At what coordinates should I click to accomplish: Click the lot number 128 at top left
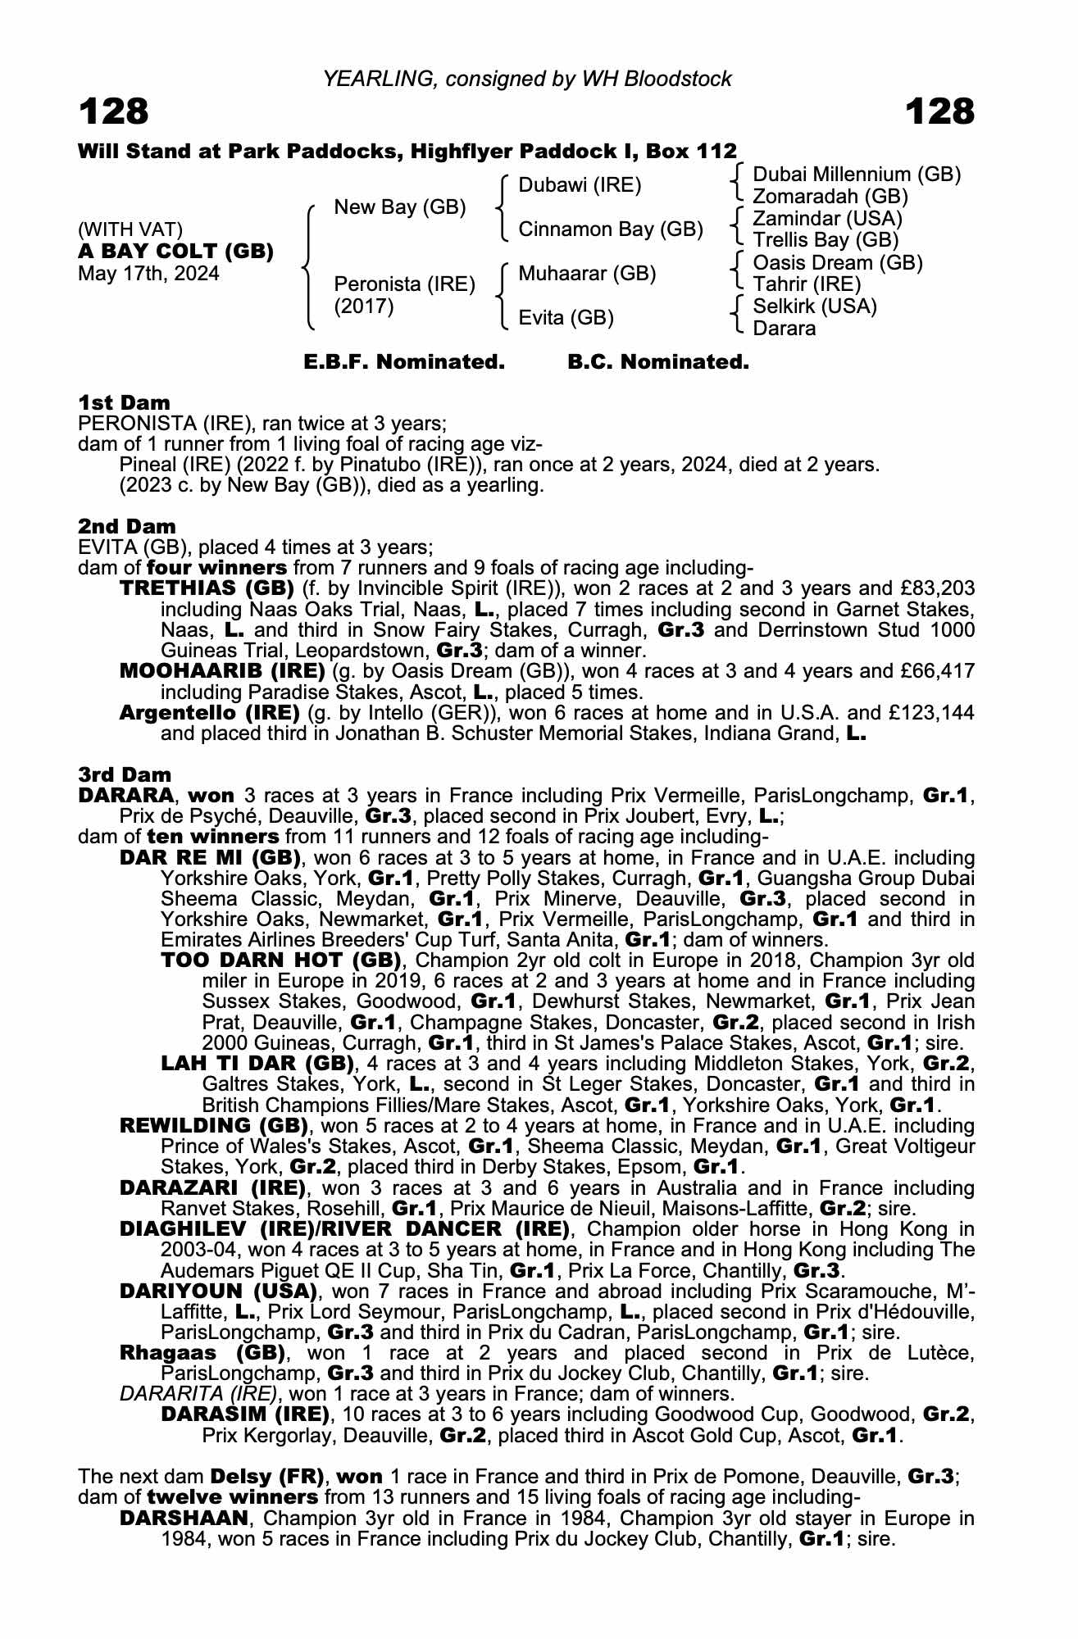tap(114, 111)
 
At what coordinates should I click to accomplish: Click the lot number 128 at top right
tap(940, 111)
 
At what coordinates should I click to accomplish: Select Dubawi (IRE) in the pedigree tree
tap(580, 185)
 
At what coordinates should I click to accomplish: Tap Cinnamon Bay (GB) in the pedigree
tap(611, 229)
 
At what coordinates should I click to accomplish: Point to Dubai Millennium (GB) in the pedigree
tap(857, 175)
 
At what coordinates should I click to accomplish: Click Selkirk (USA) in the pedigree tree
tap(814, 306)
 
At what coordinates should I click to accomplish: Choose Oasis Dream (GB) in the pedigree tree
tap(837, 263)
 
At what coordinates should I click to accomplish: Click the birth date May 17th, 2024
tap(148, 274)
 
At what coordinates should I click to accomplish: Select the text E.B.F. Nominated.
tap(404, 362)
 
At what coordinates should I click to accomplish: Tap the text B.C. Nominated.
tap(658, 362)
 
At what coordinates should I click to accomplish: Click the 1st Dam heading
tap(125, 402)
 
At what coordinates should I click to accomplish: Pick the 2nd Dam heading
tap(127, 526)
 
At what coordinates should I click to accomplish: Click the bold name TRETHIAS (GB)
tap(207, 588)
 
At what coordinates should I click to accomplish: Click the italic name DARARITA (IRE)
tap(199, 1394)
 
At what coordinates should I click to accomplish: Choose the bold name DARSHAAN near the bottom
tap(184, 1519)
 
